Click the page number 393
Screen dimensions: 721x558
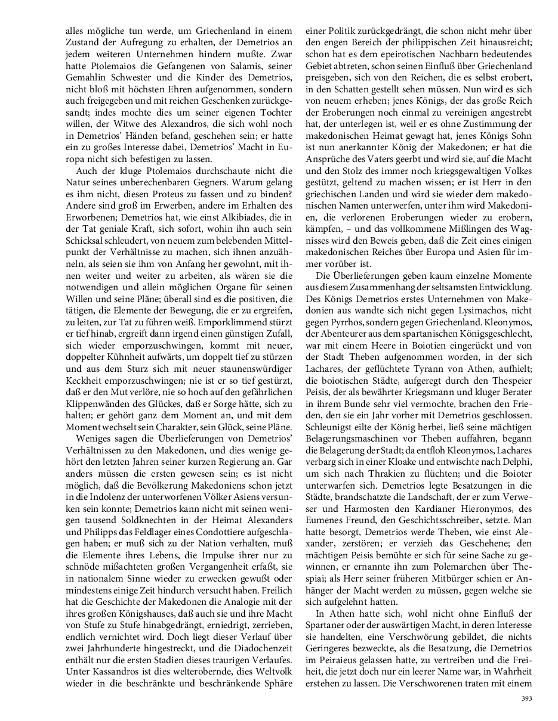[526, 699]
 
